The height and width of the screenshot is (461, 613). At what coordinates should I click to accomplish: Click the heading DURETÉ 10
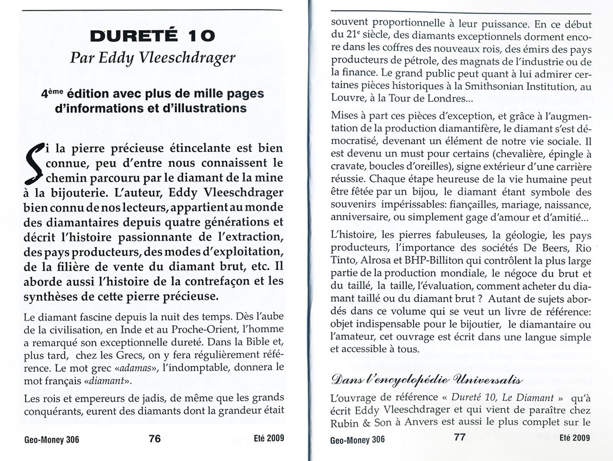click(153, 35)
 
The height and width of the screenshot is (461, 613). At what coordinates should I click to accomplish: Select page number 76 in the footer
click(155, 438)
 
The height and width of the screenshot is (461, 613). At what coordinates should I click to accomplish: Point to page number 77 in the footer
click(459, 437)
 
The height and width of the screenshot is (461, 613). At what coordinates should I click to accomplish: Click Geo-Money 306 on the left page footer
click(51, 439)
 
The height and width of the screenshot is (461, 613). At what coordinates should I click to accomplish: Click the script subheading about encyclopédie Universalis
click(426, 381)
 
